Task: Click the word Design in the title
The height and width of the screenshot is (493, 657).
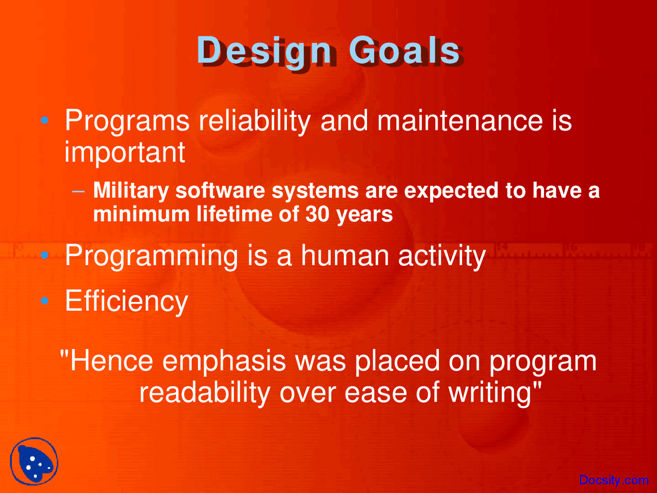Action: coord(264,51)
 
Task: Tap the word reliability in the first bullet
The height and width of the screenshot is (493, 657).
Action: coord(255,121)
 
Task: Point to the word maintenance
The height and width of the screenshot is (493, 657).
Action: coord(460,121)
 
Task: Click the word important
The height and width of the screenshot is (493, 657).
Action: coord(125,153)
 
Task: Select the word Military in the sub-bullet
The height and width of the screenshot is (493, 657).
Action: coord(131,191)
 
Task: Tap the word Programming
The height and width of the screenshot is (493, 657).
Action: coord(151,256)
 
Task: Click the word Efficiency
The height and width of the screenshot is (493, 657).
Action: coord(126,301)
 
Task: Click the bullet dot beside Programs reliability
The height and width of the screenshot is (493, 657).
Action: coord(45,121)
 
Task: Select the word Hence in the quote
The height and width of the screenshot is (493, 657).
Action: coord(111,361)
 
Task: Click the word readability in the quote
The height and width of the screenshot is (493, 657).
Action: coord(204,393)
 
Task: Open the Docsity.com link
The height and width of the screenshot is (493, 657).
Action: coord(613,480)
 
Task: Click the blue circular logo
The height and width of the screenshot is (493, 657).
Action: coord(34,462)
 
